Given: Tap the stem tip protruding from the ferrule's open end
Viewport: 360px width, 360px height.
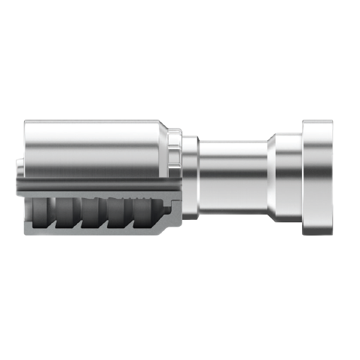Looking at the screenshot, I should click(x=20, y=175).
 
